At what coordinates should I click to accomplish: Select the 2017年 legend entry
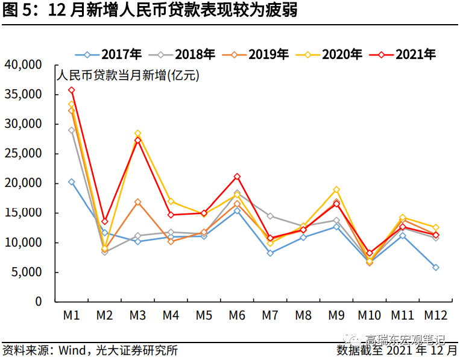tap(112, 54)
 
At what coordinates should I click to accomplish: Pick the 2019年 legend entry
tap(259, 54)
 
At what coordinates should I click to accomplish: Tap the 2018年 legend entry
tap(186, 54)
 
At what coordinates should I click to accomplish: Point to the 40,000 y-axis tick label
tap(23, 65)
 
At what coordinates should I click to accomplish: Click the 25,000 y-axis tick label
tap(23, 154)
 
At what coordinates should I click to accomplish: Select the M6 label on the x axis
tap(237, 315)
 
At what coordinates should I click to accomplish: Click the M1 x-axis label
tap(72, 315)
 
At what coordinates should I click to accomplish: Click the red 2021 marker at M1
tap(71, 90)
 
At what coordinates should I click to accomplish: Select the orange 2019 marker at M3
tap(137, 202)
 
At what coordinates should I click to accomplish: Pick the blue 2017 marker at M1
tap(71, 182)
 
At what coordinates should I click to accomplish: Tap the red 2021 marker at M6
tap(237, 177)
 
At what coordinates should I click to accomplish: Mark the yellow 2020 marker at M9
tap(336, 190)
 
